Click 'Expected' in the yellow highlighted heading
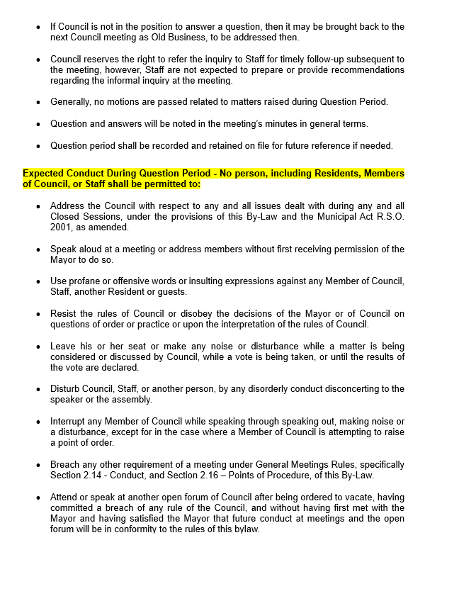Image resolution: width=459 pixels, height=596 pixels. tap(44, 173)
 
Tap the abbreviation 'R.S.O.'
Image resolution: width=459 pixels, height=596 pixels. tap(387, 217)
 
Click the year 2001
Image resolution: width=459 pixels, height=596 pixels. tap(61, 227)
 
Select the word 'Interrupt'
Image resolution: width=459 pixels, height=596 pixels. tap(68, 422)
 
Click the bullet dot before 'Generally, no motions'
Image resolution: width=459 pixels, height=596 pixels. tap(38, 102)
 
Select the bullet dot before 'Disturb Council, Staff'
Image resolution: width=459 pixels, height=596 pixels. tap(38, 389)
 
